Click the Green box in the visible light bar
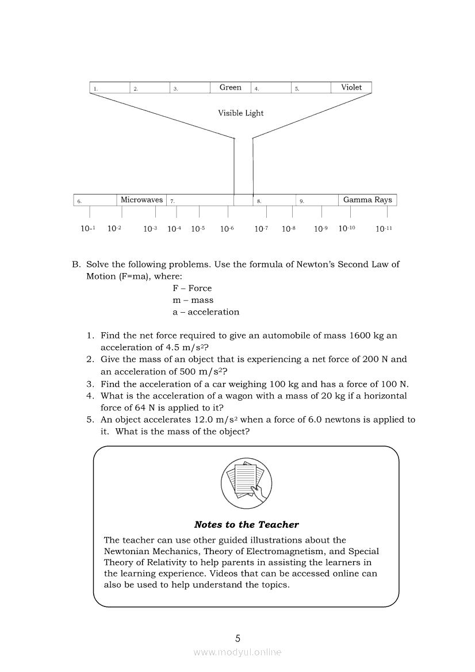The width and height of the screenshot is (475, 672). [231, 87]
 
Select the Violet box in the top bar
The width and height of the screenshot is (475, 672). [351, 87]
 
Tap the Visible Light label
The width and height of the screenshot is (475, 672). [240, 113]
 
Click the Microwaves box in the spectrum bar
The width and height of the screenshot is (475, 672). [141, 200]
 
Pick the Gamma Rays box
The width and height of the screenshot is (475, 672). [367, 200]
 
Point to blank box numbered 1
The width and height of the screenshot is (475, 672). [110, 88]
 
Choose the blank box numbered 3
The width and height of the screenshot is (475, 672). [190, 88]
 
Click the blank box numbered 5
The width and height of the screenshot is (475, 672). [311, 88]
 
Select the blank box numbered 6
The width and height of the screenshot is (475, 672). [95, 201]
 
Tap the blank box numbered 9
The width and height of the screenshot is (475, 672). [317, 201]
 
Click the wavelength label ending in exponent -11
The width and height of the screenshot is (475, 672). [384, 229]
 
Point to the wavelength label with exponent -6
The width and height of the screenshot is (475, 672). [227, 229]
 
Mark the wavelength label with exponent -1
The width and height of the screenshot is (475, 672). [87, 229]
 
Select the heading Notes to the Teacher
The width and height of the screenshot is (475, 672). [246, 524]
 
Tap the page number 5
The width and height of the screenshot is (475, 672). [237, 638]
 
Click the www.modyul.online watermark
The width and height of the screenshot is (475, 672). [237, 652]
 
